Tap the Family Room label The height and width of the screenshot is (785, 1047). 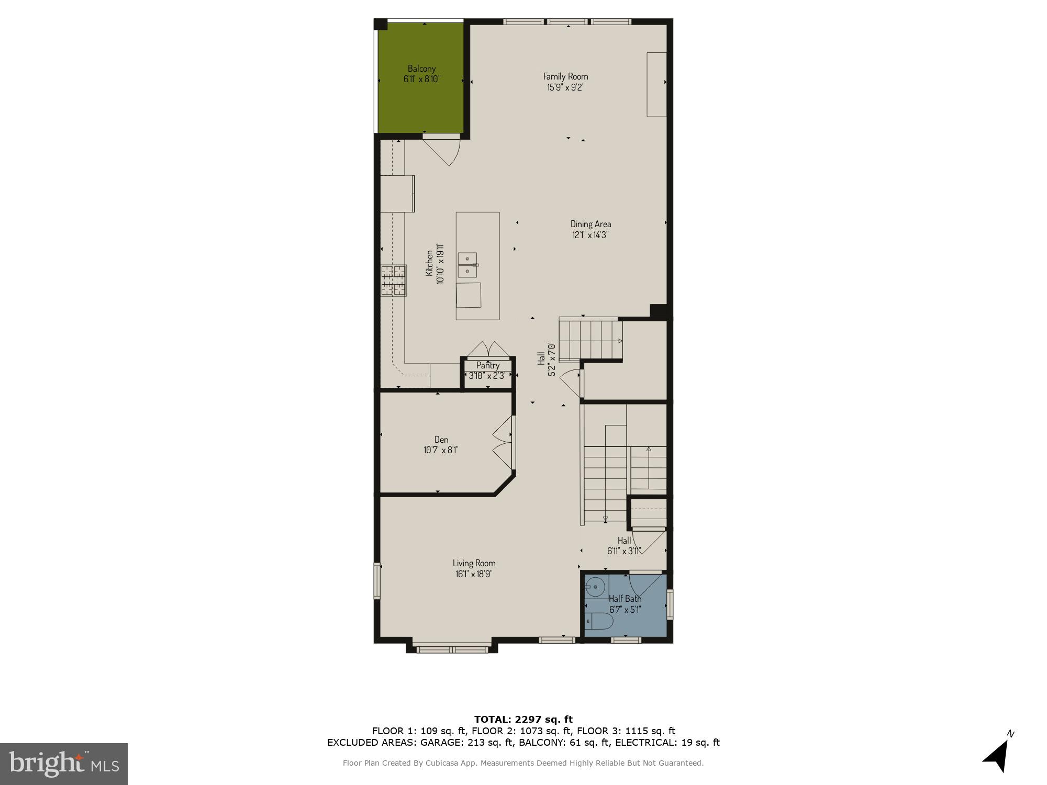pyautogui.click(x=565, y=76)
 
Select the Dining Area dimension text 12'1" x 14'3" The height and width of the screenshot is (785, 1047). pyautogui.click(x=590, y=235)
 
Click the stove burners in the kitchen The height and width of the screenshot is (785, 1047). pyautogui.click(x=393, y=281)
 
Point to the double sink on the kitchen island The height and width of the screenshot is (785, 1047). pyautogui.click(x=467, y=265)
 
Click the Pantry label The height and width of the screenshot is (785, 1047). pyautogui.click(x=487, y=365)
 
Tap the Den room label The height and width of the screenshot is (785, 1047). pyautogui.click(x=441, y=440)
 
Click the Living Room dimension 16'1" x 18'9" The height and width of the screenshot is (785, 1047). pyautogui.click(x=474, y=574)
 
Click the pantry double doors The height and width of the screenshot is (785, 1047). pyautogui.click(x=488, y=349)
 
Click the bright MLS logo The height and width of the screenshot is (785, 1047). pyautogui.click(x=63, y=764)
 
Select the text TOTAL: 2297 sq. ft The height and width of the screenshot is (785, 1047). pyautogui.click(x=523, y=720)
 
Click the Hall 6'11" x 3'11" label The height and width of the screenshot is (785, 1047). pyautogui.click(x=623, y=545)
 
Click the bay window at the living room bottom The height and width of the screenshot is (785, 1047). pyautogui.click(x=451, y=649)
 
